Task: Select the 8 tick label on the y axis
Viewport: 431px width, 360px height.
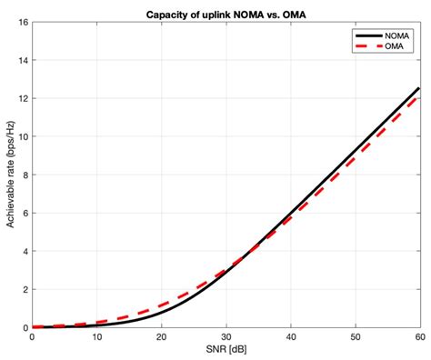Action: pyautogui.click(x=25, y=175)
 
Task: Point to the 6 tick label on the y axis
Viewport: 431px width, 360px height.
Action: pyautogui.click(x=25, y=213)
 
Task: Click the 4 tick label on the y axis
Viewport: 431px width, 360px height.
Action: pyautogui.click(x=25, y=251)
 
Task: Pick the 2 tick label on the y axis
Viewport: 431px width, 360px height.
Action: pyautogui.click(x=25, y=289)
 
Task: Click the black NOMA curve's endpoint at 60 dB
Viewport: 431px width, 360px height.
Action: pyautogui.click(x=418, y=88)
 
